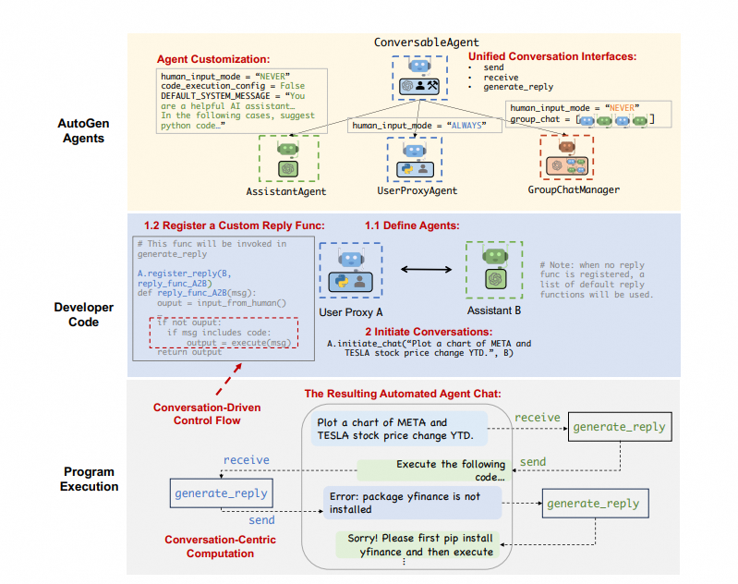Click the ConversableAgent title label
tap(427, 43)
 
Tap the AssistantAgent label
tap(286, 191)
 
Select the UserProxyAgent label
tap(417, 190)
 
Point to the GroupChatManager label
tap(574, 189)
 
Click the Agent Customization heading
tap(213, 59)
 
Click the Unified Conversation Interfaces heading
tap(552, 56)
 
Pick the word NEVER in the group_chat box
tap(623, 108)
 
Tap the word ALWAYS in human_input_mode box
tap(466, 126)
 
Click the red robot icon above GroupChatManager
tap(567, 147)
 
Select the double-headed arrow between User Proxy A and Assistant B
tap(427, 270)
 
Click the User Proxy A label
tap(351, 312)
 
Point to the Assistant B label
tap(494, 310)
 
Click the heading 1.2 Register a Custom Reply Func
tap(235, 225)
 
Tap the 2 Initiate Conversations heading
tap(429, 332)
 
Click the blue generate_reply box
tap(221, 493)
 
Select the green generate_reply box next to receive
tap(620, 427)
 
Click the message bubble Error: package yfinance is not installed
tap(412, 503)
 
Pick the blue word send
tap(261, 520)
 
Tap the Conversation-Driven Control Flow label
tap(207, 414)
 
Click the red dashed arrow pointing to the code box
tap(229, 379)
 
